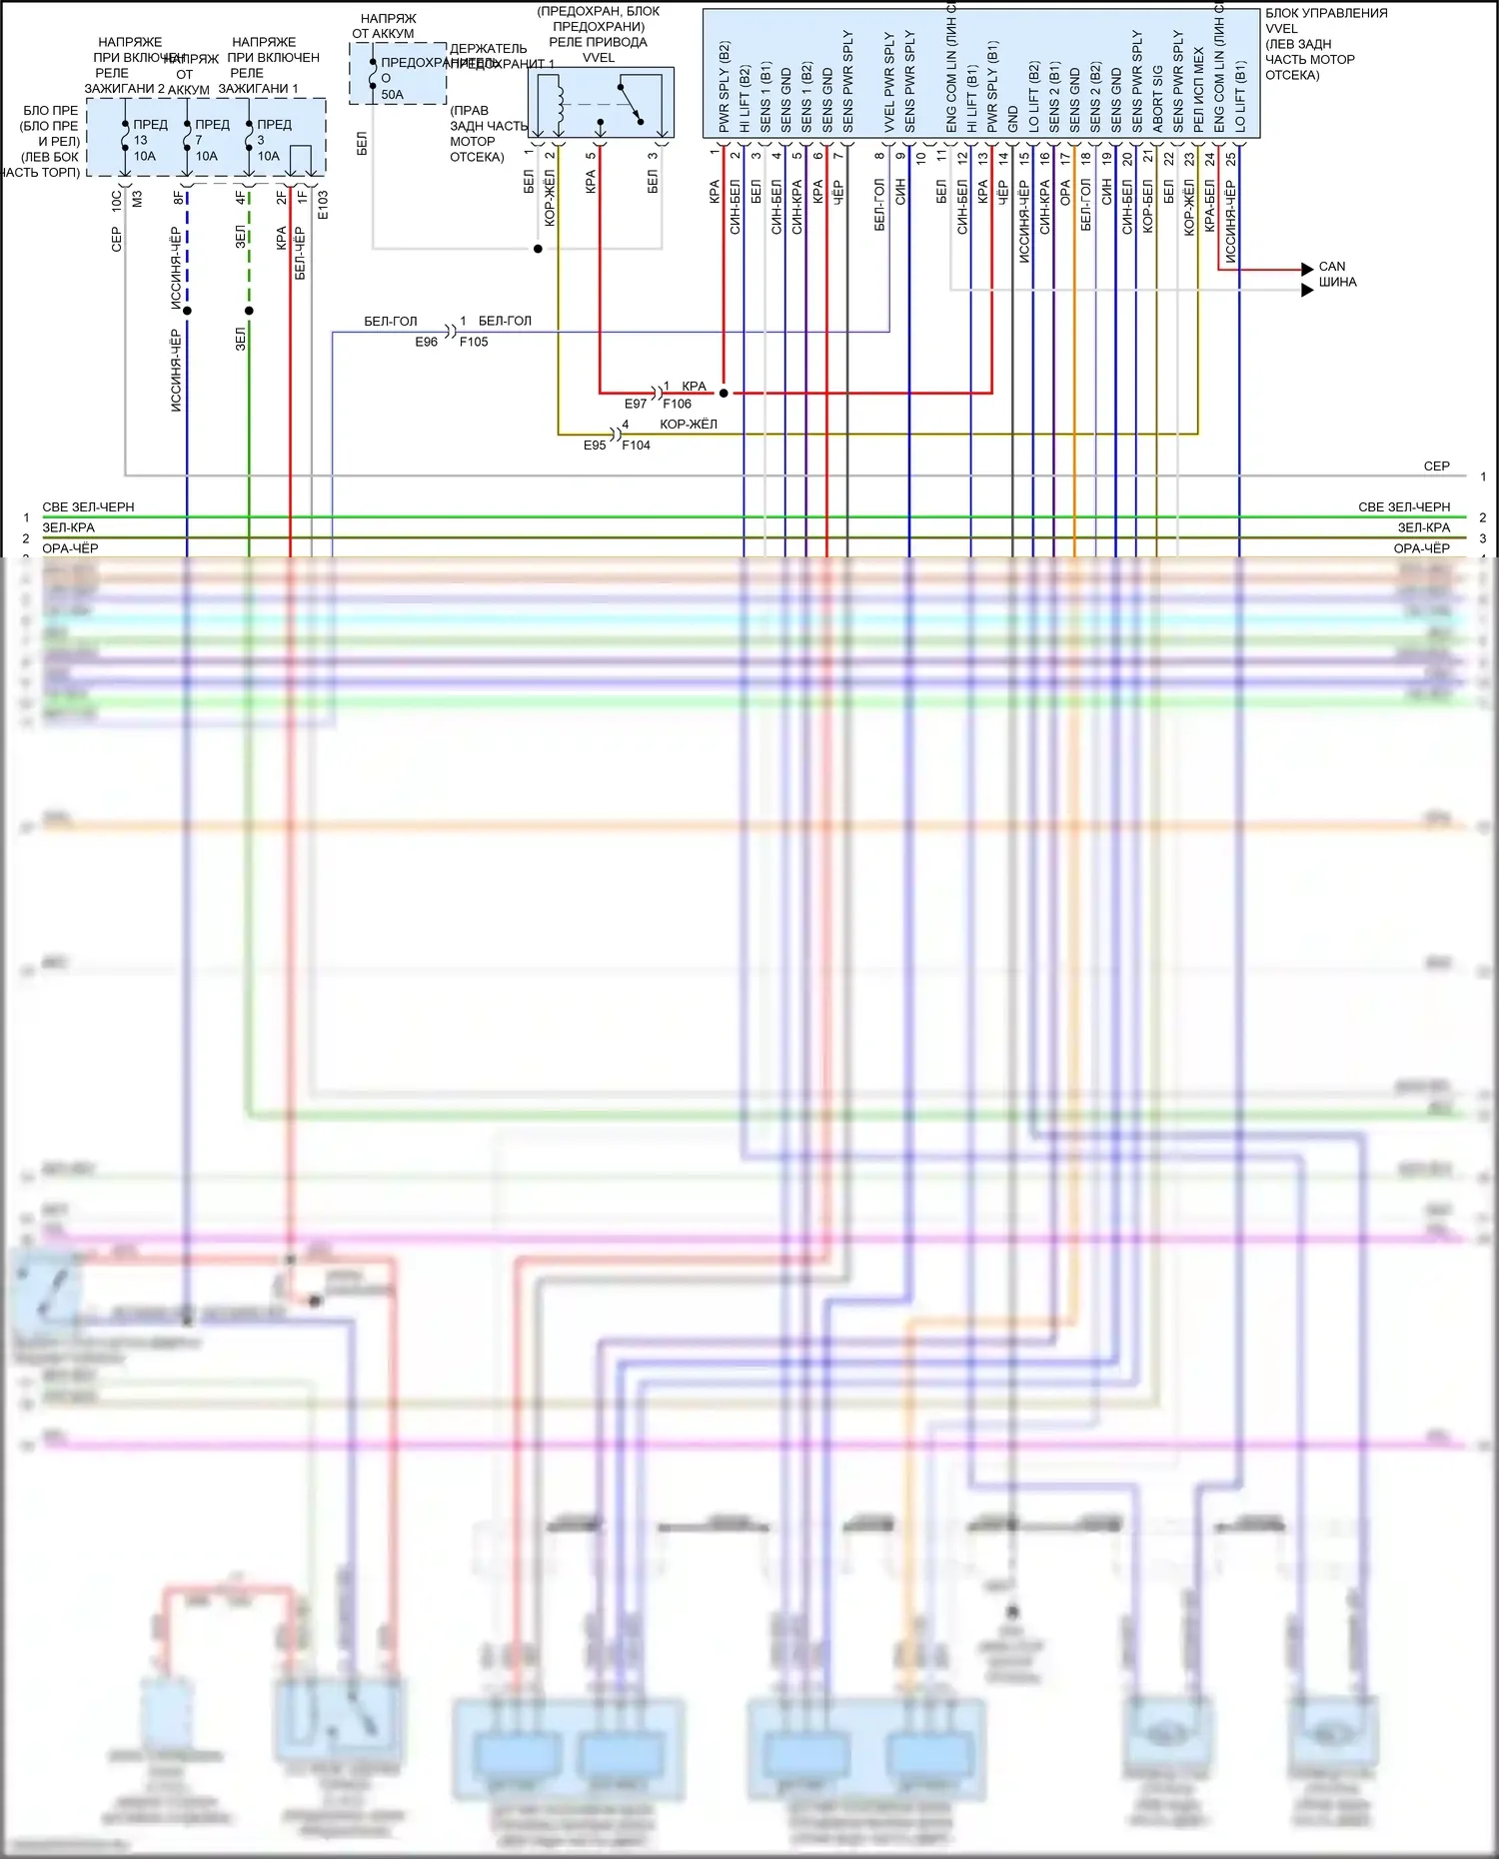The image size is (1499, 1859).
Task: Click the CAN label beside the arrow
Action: pyautogui.click(x=1332, y=267)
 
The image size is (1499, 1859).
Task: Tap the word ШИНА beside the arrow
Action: pyautogui.click(x=1337, y=283)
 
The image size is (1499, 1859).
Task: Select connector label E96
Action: pyautogui.click(x=427, y=342)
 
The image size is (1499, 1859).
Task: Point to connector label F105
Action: pyautogui.click(x=474, y=342)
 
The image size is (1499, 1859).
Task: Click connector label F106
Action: pyautogui.click(x=677, y=404)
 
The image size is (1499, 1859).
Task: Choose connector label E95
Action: pyautogui.click(x=595, y=446)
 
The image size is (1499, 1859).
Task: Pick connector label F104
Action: pyautogui.click(x=636, y=446)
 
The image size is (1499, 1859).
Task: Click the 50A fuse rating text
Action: pyautogui.click(x=392, y=95)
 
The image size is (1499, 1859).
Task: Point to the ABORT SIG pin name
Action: pyautogui.click(x=1157, y=98)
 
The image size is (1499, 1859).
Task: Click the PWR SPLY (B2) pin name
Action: pyautogui.click(x=725, y=87)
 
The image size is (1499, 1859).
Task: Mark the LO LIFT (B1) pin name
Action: pyautogui.click(x=1240, y=96)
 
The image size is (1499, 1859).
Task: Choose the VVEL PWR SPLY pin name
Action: pyautogui.click(x=889, y=82)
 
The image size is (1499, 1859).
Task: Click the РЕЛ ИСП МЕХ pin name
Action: pyautogui.click(x=1199, y=90)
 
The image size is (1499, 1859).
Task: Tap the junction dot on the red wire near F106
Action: pyautogui.click(x=724, y=394)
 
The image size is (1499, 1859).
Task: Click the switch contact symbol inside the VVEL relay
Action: pyautogui.click(x=630, y=105)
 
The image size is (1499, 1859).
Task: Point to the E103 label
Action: pyautogui.click(x=323, y=205)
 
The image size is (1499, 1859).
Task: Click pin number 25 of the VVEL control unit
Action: pyautogui.click(x=1231, y=158)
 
